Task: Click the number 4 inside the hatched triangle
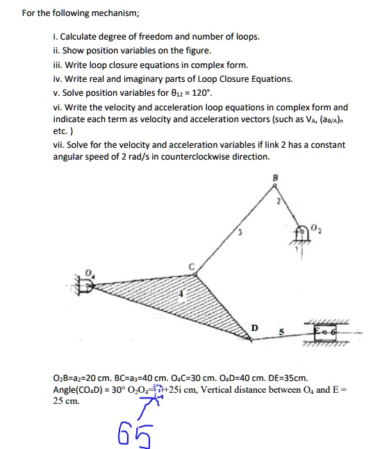183,295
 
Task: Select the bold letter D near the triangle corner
254,327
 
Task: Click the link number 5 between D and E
282,332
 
